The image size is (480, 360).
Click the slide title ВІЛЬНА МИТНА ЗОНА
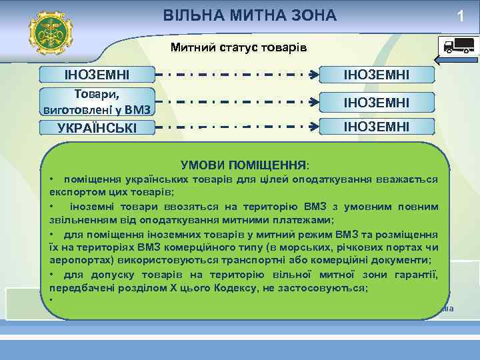[250, 15]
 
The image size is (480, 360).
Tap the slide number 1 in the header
[461, 17]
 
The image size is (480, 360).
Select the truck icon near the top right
[457, 46]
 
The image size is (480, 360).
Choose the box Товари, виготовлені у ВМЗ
[97, 101]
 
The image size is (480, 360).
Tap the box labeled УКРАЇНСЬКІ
[97, 126]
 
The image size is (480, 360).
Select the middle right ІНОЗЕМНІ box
[376, 102]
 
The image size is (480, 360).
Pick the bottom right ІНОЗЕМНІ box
[376, 125]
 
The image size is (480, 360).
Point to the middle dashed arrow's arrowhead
[313, 103]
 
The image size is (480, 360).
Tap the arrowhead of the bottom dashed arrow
[313, 125]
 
